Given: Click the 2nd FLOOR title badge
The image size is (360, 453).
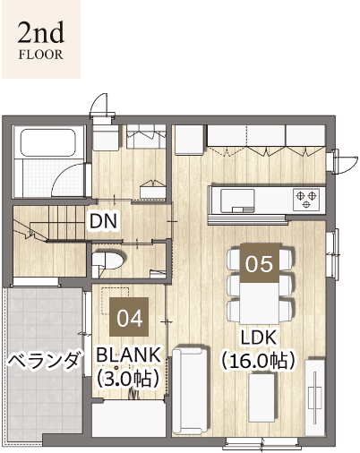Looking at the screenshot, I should (39, 39).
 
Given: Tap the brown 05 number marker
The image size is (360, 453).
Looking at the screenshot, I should (259, 263).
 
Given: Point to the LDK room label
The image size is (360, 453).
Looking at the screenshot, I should (259, 338).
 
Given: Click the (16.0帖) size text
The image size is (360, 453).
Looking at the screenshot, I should (259, 361).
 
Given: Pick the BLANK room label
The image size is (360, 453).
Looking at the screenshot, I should (128, 353).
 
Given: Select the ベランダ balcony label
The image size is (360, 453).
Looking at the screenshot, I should (45, 361).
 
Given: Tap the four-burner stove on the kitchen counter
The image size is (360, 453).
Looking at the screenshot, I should (305, 197).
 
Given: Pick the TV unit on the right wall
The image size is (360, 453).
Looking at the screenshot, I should (315, 394).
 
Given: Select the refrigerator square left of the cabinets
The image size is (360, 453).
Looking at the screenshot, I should (189, 141).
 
